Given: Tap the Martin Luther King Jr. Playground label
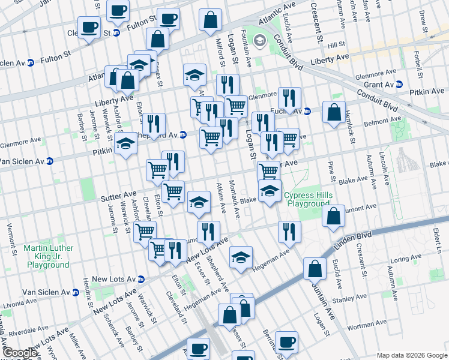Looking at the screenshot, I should tap(49, 256).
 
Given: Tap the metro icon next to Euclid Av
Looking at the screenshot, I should tap(307, 111).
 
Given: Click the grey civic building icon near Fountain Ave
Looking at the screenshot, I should tap(260, 41).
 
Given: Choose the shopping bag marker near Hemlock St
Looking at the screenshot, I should tap(334, 112).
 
